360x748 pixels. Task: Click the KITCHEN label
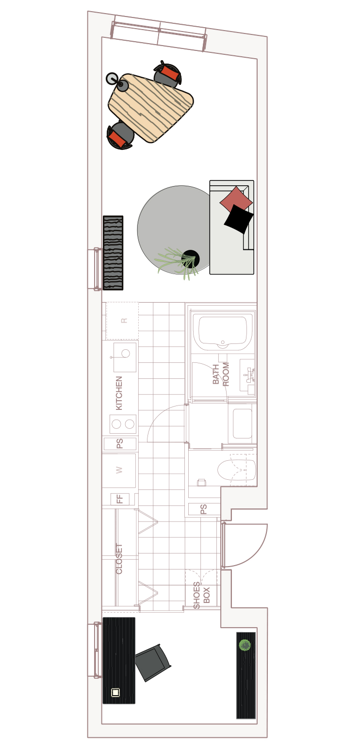[119, 393]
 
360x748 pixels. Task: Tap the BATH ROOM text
[221, 374]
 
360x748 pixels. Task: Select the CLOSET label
[119, 558]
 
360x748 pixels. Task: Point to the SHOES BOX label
[201, 595]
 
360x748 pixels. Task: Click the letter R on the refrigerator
[124, 321]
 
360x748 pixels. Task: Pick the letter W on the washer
[119, 470]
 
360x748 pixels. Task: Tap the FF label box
[120, 499]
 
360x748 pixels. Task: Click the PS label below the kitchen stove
[120, 443]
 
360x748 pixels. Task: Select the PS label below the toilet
[204, 509]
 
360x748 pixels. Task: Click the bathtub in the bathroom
[223, 330]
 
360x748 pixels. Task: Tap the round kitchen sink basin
[126, 353]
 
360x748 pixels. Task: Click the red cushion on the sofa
[236, 199]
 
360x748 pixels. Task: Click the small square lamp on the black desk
[115, 692]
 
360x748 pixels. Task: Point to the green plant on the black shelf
[245, 645]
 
